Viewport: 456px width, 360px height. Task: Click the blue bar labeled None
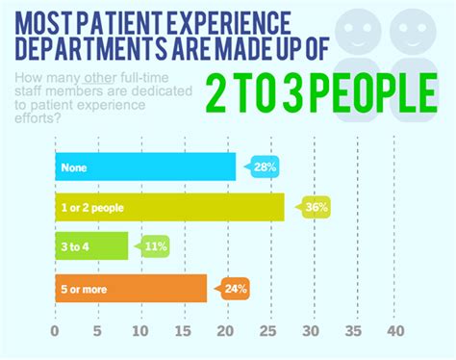144,167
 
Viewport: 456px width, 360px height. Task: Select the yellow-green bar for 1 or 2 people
169,206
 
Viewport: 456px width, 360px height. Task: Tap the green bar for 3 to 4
90,246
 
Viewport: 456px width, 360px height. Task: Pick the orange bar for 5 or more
130,288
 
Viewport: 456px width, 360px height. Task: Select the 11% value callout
154,246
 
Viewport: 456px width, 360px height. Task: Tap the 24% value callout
235,287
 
